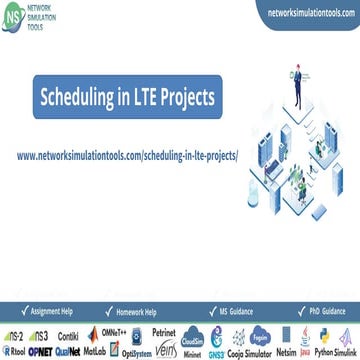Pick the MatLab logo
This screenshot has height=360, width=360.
click(95, 351)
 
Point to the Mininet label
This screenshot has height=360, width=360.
click(196, 353)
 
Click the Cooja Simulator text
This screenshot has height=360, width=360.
click(253, 351)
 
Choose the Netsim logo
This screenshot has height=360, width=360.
click(290, 351)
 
